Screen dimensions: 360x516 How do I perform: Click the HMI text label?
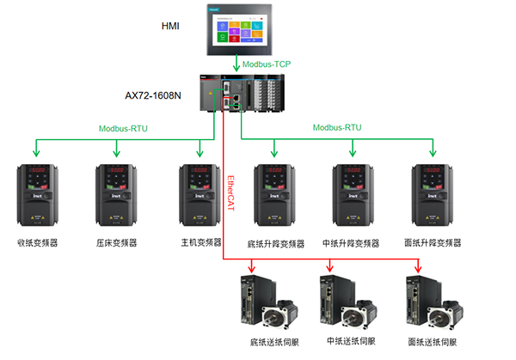pyautogui.click(x=170, y=27)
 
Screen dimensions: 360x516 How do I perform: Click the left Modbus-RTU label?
pyautogui.click(x=122, y=128)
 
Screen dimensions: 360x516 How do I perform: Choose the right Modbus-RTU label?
pyautogui.click(x=337, y=128)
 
